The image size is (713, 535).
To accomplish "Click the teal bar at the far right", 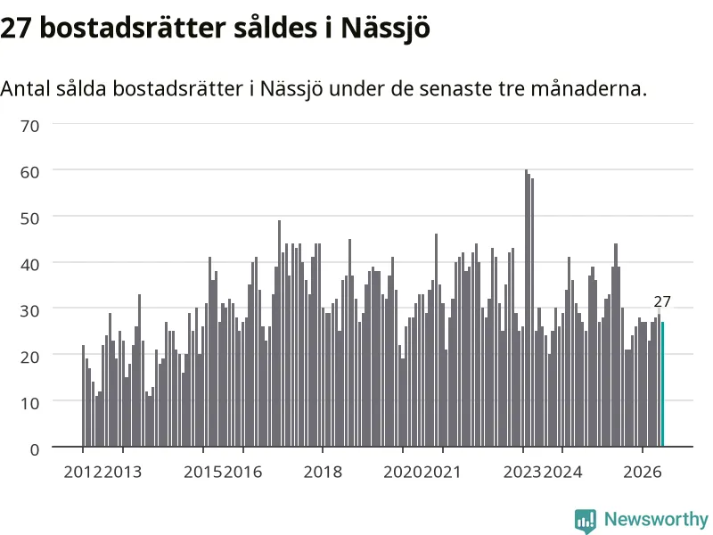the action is (662, 384).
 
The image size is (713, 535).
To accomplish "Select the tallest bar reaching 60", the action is (526, 308).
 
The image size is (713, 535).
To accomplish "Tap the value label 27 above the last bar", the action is (662, 301).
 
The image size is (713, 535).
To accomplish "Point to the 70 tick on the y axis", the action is (29, 126).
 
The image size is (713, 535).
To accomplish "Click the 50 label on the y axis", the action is (29, 218).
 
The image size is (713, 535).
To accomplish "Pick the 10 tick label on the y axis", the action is (29, 403).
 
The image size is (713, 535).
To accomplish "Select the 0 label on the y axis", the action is (35, 449).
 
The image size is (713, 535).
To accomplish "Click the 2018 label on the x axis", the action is (323, 472).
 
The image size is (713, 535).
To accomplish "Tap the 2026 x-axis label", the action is (642, 472).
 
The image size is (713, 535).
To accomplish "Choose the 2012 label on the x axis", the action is (83, 472).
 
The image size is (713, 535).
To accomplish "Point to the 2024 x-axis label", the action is (562, 472).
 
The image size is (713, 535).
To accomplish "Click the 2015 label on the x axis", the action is (203, 472).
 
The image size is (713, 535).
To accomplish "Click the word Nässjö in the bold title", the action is (385, 29).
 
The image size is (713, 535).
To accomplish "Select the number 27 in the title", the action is (16, 29).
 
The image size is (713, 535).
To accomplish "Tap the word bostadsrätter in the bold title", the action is (133, 29).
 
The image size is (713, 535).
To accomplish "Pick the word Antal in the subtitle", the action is (25, 88).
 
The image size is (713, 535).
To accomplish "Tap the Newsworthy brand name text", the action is (656, 519).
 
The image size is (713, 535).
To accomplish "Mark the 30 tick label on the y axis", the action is (29, 310).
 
